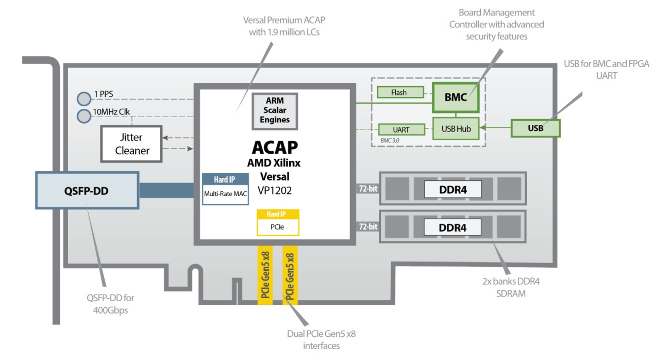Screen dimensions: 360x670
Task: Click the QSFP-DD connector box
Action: (x=88, y=190)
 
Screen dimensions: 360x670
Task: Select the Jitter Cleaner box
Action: (x=132, y=144)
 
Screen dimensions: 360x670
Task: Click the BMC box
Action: (x=456, y=97)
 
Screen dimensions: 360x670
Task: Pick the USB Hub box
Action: (x=456, y=128)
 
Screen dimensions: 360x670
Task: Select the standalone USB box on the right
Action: (x=535, y=128)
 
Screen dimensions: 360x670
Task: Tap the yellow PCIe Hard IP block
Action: (x=278, y=222)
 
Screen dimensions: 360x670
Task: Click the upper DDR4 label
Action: (x=453, y=189)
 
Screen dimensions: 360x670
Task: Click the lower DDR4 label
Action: (x=453, y=226)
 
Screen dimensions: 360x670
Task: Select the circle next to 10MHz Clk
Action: (x=83, y=116)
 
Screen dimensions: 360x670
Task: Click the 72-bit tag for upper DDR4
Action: (x=367, y=189)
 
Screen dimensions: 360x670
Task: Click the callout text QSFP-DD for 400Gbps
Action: (x=110, y=304)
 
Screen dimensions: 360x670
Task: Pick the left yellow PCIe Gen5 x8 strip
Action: (x=265, y=275)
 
